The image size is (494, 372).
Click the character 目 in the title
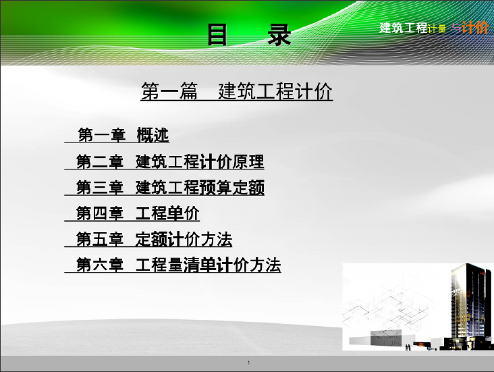(217, 34)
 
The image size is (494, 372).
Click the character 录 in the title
(279, 34)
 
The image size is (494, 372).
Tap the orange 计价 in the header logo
(475, 28)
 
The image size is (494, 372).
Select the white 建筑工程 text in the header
(404, 28)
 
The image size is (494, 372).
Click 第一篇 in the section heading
(169, 91)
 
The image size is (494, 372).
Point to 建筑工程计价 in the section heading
(275, 91)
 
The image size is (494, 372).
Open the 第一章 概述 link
(123, 135)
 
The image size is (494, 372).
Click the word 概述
(153, 135)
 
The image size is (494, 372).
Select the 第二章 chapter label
(100, 162)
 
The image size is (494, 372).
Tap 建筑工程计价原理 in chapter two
(200, 162)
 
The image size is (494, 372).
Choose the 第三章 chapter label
(100, 188)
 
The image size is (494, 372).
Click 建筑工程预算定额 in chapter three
(200, 188)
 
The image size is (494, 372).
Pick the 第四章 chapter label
(100, 213)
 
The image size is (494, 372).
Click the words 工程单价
(167, 213)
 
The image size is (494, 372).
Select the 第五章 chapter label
(100, 239)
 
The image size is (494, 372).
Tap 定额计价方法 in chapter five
(184, 239)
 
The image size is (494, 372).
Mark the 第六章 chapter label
(100, 265)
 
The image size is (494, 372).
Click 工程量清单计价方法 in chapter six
(208, 265)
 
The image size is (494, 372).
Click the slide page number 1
(248, 363)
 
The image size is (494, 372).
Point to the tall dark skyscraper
(470, 306)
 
